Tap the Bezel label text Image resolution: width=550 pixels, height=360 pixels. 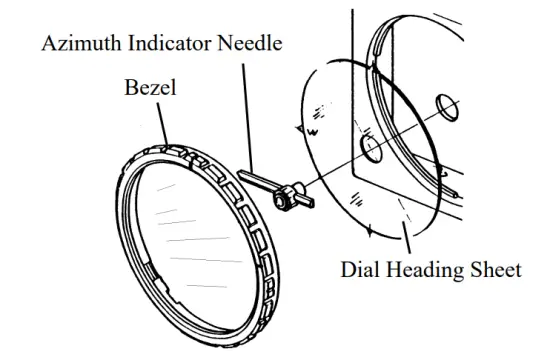[150, 89]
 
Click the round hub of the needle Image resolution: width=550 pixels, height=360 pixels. [284, 199]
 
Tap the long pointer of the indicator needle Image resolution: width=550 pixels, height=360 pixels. [256, 182]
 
